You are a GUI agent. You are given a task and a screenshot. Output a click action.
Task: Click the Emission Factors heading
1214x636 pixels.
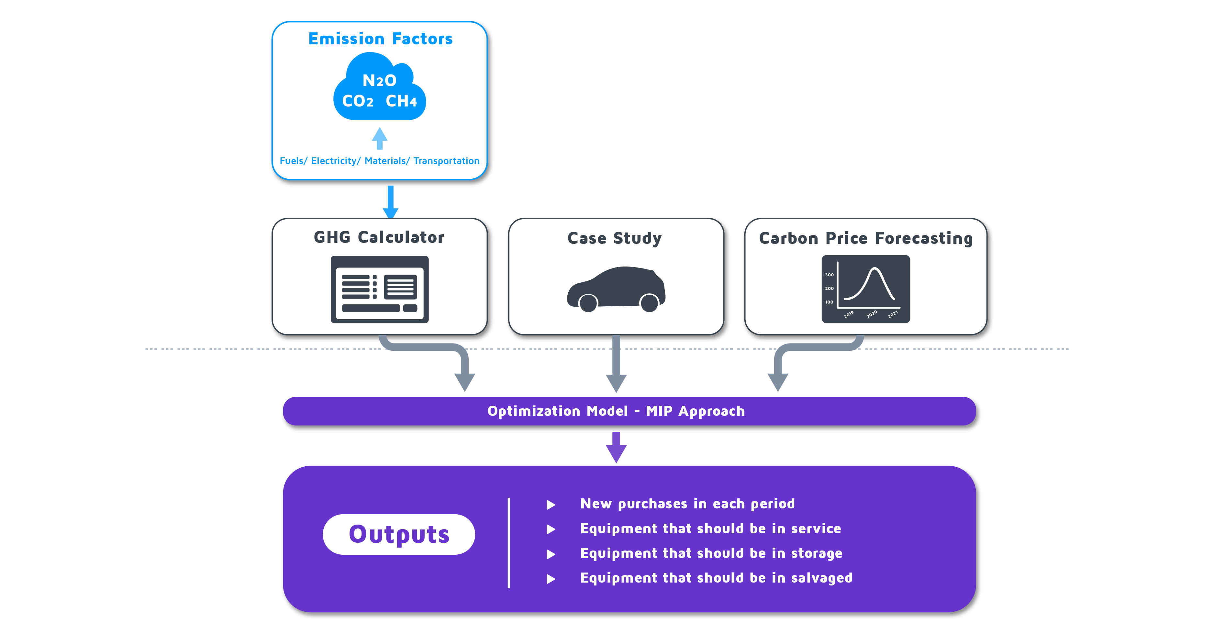(380, 39)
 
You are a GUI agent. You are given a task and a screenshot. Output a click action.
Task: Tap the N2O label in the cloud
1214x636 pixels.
(379, 81)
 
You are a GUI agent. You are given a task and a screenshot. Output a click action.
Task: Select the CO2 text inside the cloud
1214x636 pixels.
(358, 101)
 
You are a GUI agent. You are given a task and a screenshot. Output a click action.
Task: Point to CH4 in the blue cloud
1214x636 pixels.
(401, 101)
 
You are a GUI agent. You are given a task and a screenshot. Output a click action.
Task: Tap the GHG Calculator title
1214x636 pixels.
(379, 237)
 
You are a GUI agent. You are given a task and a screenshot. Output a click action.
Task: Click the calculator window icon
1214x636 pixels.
(379, 289)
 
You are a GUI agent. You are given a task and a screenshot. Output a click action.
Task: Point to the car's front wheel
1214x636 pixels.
(588, 303)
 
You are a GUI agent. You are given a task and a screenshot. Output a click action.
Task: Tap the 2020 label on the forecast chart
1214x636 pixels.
(871, 314)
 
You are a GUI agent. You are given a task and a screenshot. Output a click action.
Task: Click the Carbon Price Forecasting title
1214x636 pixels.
(866, 238)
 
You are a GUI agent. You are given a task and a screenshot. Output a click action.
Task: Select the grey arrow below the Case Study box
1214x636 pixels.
(616, 364)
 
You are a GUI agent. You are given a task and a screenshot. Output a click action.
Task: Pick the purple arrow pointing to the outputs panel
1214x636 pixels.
(616, 448)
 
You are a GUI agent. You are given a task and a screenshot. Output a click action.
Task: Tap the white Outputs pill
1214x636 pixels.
(399, 534)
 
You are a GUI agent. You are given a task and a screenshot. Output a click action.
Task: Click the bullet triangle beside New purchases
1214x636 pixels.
(551, 505)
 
